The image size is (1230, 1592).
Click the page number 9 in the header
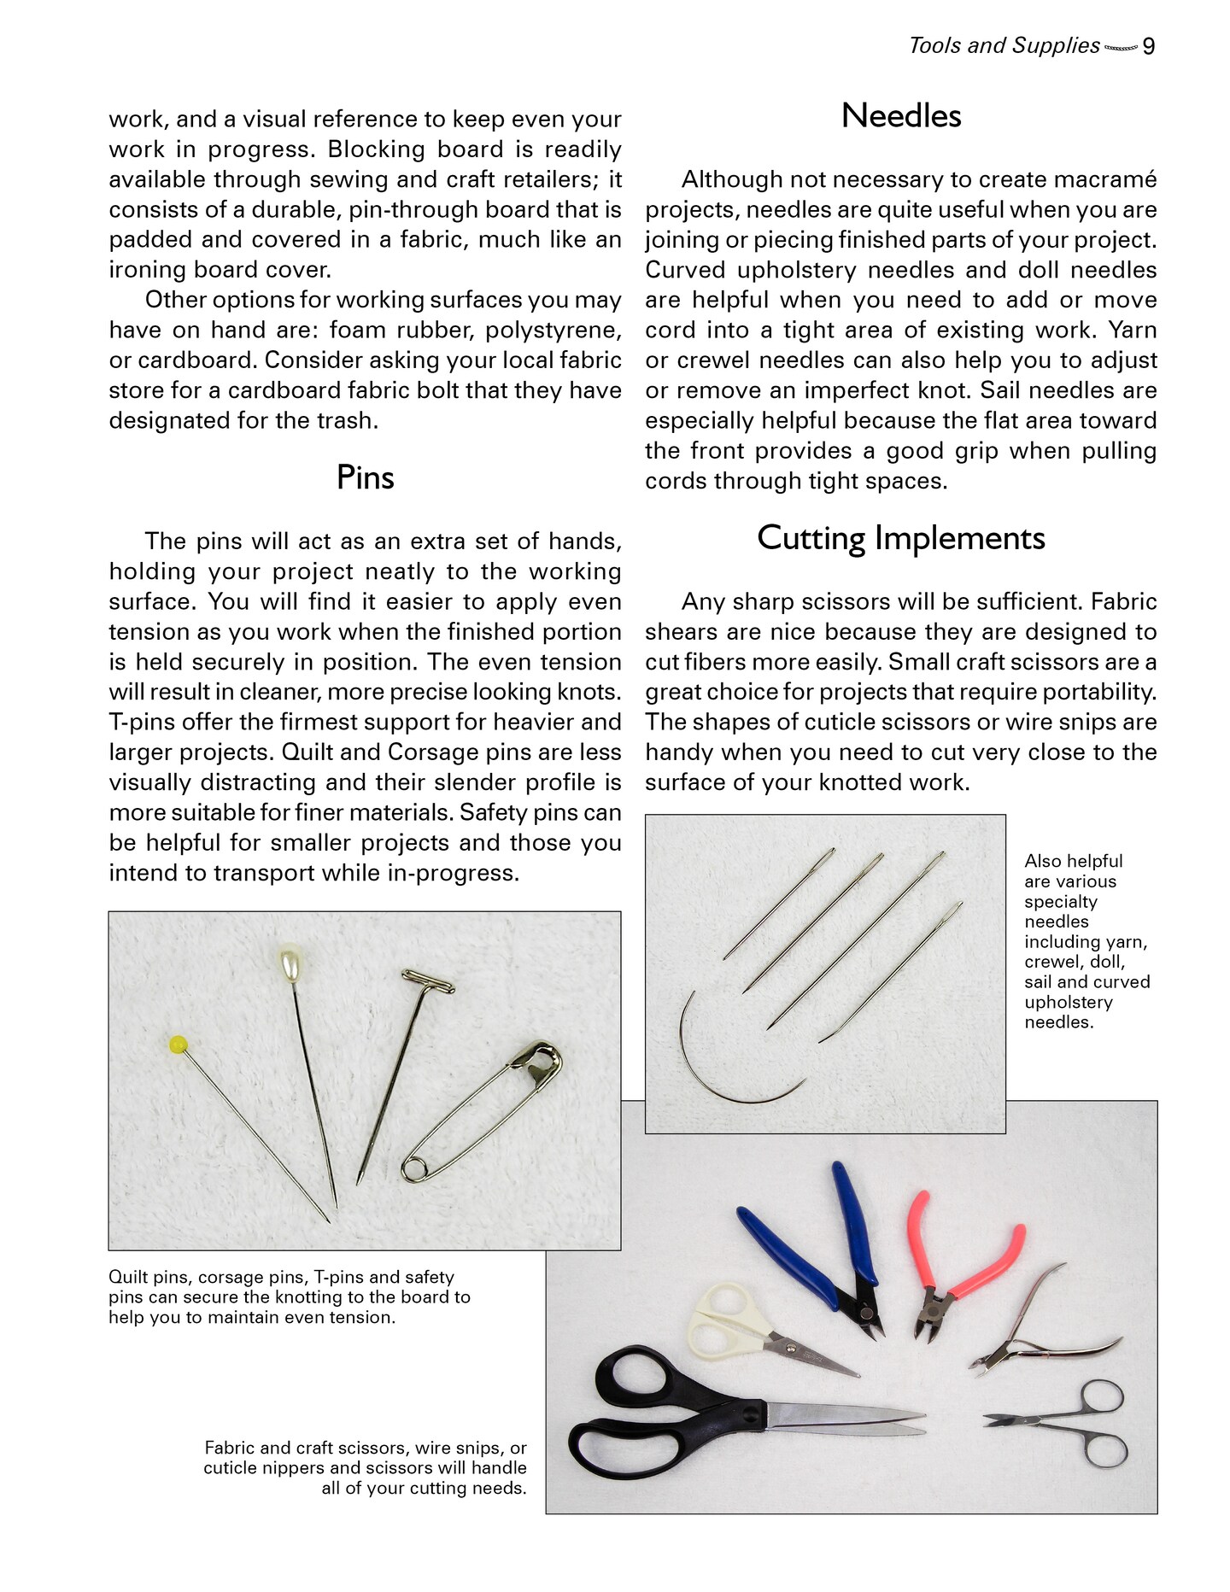pos(1149,46)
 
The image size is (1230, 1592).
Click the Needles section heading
pos(900,116)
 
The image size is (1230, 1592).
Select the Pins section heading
pos(365,477)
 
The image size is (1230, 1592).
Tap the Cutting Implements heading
pos(900,538)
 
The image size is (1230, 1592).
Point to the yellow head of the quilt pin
pos(179,1044)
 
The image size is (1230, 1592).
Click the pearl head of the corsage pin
pos(290,962)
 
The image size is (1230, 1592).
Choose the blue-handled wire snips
pos(820,1247)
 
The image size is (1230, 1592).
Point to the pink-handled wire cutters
pos(965,1264)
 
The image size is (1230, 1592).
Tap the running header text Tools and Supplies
pos(1004,46)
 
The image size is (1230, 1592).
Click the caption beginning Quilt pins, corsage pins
pos(290,1296)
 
